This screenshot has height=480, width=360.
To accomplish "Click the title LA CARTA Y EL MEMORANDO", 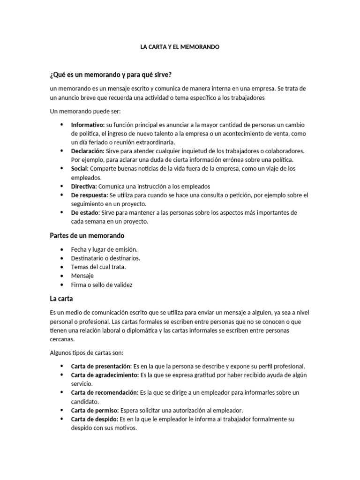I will point(180,47).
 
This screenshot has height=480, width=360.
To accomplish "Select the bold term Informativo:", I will point(88,125).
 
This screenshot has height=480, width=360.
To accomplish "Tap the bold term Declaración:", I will point(88,151).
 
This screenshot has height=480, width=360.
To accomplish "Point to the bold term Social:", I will point(80,168).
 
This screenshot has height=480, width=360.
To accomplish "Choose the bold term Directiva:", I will point(84,186).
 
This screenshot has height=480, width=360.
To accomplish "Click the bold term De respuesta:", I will point(90,195).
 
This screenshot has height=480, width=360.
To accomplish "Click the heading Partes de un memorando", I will point(87,235).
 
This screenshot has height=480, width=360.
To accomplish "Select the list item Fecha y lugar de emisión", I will point(104,249).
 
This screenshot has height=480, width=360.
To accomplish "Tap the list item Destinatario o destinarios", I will point(105,258).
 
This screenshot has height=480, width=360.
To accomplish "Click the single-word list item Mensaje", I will point(82,276).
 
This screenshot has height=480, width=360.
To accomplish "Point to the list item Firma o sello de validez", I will point(102,285).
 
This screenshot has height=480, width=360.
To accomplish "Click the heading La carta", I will point(61,298).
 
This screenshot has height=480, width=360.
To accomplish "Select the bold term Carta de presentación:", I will point(102,366).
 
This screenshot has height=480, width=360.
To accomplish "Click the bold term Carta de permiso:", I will point(95,410).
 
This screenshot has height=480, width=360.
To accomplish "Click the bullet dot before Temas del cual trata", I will point(62,267).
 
